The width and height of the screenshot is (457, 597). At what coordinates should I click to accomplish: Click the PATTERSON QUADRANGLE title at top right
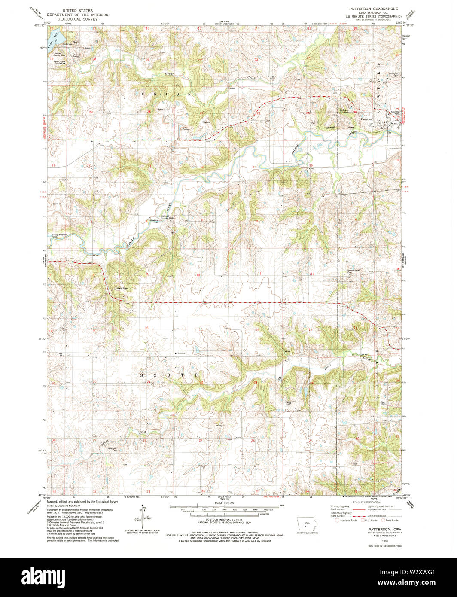click(372, 9)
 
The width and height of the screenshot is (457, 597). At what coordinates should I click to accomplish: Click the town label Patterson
click(366, 119)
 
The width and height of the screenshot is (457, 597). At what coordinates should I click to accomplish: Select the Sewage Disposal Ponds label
click(58, 236)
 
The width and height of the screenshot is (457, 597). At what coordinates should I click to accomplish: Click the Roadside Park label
click(154, 222)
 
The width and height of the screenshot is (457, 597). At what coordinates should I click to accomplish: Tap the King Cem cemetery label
click(289, 403)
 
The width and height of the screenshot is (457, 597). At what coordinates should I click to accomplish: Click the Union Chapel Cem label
click(353, 271)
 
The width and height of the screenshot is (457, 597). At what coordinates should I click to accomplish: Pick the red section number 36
click(311, 165)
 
